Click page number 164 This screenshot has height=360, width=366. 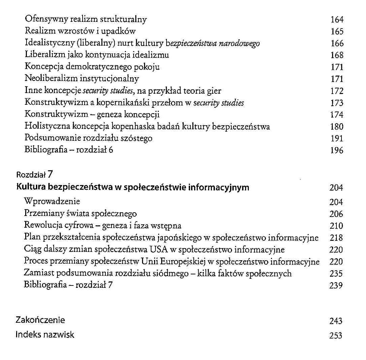[337, 20]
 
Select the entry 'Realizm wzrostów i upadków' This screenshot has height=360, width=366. [80, 32]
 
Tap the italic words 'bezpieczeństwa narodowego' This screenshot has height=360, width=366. [215, 44]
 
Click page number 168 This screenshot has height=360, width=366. [337, 55]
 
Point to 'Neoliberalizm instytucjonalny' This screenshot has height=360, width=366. [82, 79]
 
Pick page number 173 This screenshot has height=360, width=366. [337, 103]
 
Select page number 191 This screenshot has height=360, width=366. [337, 139]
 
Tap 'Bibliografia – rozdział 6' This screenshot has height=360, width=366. [69, 150]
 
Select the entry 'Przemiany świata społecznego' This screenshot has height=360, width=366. [81, 214]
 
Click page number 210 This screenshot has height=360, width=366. [336, 226]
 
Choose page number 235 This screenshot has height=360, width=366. [336, 274]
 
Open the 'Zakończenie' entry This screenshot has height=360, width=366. [40, 320]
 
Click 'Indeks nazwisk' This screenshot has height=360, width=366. [45, 335]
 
